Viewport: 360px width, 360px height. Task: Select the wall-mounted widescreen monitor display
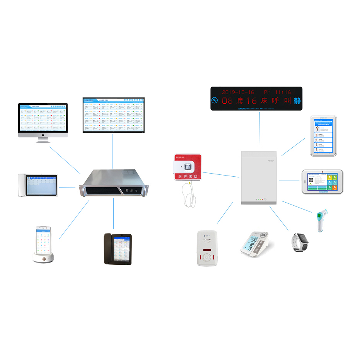(113, 115)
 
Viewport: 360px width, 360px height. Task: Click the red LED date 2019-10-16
(238, 92)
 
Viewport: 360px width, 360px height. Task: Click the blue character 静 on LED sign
(297, 101)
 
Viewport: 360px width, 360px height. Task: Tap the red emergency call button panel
(187, 167)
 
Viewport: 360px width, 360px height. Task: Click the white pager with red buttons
(207, 247)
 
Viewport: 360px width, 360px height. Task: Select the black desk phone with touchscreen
(118, 249)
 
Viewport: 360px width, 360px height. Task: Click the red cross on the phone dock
(43, 258)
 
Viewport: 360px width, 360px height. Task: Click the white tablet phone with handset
(38, 186)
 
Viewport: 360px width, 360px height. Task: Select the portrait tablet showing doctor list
(324, 136)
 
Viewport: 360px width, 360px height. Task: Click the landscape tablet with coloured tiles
(322, 181)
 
